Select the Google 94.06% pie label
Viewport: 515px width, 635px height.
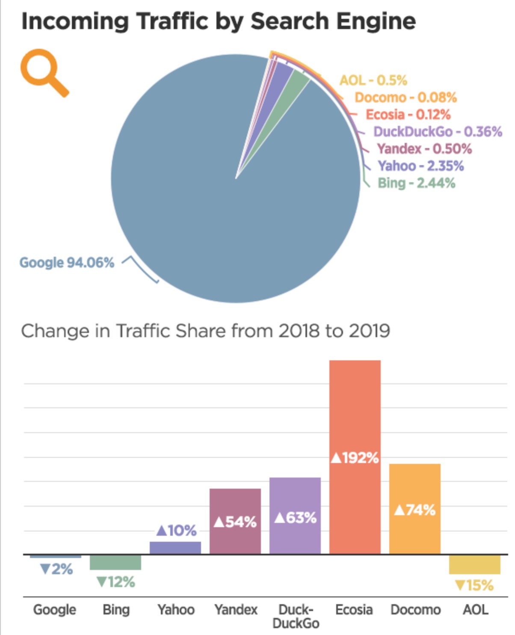(67, 262)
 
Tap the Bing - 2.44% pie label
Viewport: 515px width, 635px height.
(416, 183)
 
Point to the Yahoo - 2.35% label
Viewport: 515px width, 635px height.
(420, 166)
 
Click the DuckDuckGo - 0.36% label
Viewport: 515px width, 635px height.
(438, 131)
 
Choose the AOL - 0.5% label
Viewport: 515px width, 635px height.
(373, 80)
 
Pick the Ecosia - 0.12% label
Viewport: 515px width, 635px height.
(408, 115)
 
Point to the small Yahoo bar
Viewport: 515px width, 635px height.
(175, 548)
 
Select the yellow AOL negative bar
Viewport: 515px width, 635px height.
(474, 564)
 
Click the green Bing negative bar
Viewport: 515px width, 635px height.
(115, 562)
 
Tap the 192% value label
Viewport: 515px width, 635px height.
(355, 458)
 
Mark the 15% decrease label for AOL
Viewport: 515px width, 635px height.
(474, 585)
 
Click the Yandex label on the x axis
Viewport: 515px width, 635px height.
(236, 609)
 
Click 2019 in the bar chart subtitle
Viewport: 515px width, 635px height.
(369, 331)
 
